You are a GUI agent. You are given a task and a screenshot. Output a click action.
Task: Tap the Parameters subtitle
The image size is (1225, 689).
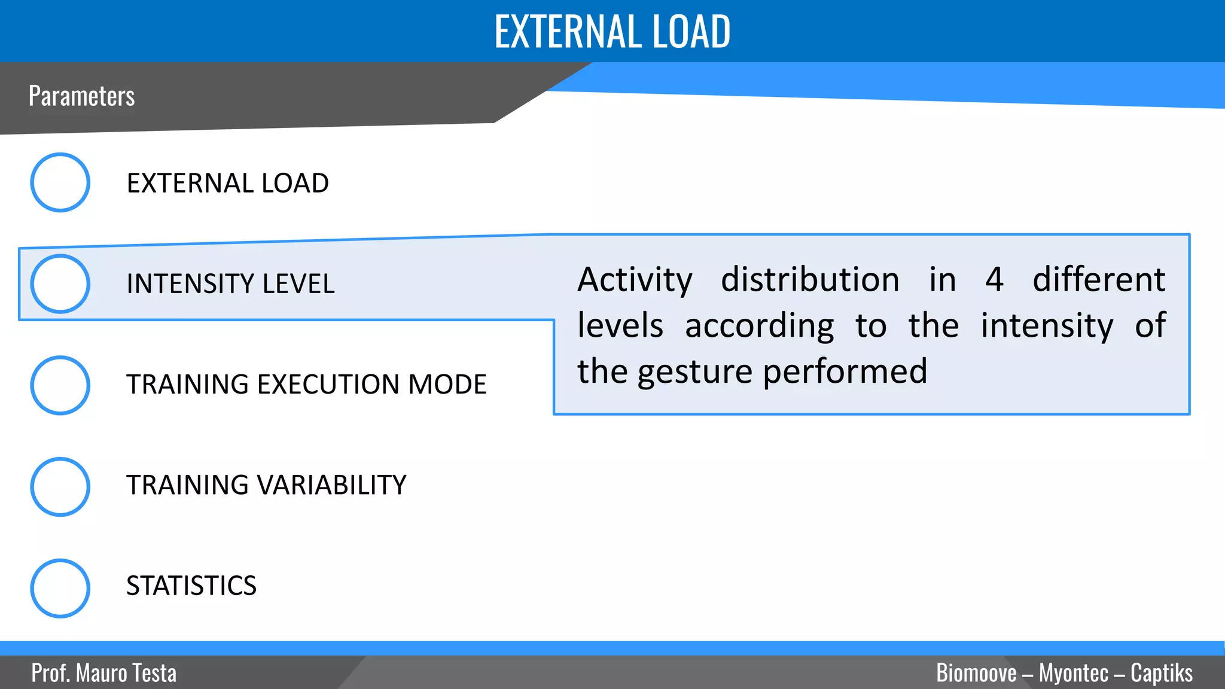pos(81,96)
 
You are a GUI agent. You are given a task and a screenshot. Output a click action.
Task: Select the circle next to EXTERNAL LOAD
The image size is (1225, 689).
pos(60,182)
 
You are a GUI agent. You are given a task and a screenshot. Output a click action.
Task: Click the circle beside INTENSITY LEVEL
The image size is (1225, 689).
pos(60,283)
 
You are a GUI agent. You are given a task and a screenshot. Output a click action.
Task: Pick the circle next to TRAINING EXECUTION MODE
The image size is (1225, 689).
pos(60,385)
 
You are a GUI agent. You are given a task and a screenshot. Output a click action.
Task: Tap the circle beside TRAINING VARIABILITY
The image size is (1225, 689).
pos(60,487)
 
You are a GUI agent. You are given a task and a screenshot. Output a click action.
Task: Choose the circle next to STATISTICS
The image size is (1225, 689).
pos(60,588)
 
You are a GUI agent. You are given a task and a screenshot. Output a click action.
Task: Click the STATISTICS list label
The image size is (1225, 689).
pos(191,586)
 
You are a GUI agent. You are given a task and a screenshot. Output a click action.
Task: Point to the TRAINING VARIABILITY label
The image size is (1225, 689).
pos(266,485)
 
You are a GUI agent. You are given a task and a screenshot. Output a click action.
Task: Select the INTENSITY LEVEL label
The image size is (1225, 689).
pos(230,283)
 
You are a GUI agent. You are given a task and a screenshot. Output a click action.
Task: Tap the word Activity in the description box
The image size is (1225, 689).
pos(635,280)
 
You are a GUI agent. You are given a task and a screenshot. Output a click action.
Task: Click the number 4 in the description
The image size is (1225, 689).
pos(994,280)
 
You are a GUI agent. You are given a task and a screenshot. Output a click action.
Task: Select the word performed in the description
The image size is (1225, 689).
pos(845,372)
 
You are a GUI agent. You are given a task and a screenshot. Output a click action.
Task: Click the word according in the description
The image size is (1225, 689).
pos(759,327)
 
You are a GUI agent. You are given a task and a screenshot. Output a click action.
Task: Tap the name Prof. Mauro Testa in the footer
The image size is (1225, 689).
pos(104,673)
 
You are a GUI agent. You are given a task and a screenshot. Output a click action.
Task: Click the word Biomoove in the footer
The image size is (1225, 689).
pos(976,673)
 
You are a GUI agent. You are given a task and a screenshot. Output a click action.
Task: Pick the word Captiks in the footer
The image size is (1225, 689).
pos(1161,673)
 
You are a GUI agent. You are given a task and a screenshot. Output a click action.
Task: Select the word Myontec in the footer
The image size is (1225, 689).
pos(1073,673)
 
